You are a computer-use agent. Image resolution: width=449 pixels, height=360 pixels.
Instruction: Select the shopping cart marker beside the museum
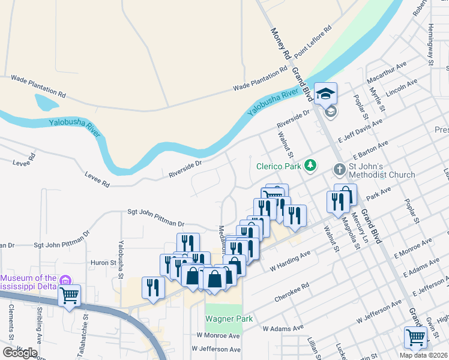(x=70, y=295)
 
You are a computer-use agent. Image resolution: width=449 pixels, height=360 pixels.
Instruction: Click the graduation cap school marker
(x=326, y=94)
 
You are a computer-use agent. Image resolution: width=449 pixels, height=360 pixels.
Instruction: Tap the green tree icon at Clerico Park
(x=310, y=164)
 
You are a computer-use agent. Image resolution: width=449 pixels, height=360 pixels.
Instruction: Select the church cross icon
(x=339, y=170)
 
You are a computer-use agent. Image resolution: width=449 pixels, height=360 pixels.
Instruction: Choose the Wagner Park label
(x=229, y=319)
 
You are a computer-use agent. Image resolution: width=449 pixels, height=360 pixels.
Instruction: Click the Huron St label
(x=104, y=263)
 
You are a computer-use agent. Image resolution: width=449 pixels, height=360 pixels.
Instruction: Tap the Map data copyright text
(x=423, y=355)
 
